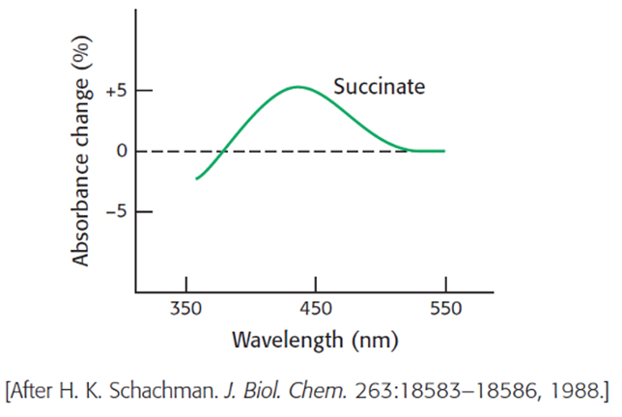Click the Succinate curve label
[379, 87]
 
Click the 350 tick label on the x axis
[185, 310]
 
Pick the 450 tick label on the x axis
[316, 310]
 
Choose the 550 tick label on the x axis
[445, 310]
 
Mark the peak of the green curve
[297, 87]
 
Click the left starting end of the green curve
[197, 179]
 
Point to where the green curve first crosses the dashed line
[222, 151]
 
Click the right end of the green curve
[444, 151]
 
